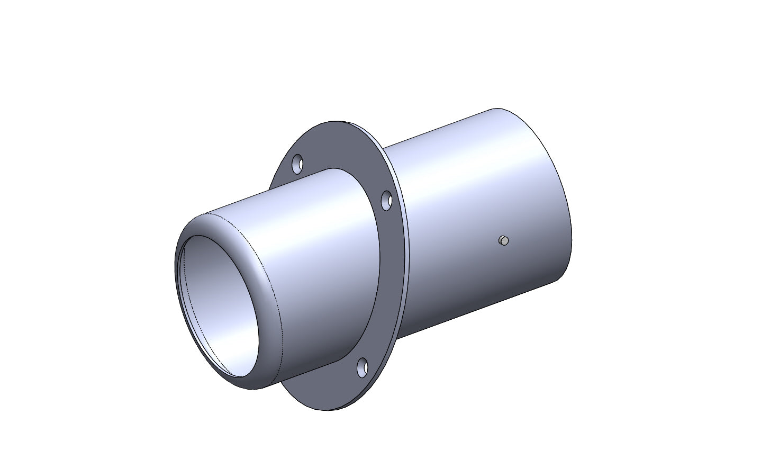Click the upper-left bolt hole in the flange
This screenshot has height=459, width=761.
pos(298,164)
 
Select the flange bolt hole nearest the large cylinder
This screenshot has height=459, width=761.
pos(387,201)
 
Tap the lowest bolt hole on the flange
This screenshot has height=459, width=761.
pos(363,367)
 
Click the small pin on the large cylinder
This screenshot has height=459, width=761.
pos(504,241)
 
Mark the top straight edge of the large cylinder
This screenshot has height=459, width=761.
pos(439,127)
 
